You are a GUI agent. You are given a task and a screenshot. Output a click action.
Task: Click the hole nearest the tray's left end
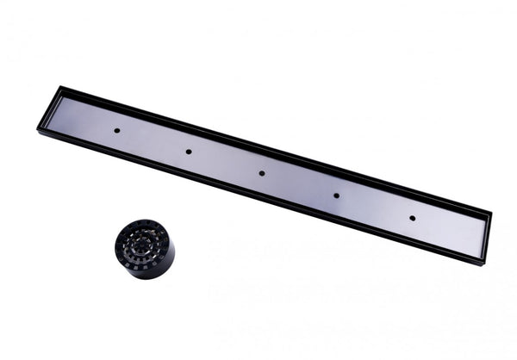click(116, 130)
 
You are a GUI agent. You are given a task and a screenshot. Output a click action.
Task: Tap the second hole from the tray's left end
click(188, 152)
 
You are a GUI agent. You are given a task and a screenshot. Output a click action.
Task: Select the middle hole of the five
click(262, 173)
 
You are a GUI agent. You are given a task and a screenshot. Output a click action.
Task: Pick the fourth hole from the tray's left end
click(336, 196)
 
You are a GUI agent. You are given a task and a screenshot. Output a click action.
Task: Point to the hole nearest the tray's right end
click(411, 218)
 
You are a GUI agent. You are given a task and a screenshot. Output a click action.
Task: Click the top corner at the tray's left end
click(60, 86)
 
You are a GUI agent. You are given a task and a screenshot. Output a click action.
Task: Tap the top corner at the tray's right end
click(491, 212)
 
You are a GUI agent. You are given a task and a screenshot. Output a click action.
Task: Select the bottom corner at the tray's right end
click(483, 264)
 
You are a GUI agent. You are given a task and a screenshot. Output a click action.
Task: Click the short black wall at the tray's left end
click(49, 108)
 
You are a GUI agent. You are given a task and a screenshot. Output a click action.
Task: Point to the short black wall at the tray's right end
click(488, 238)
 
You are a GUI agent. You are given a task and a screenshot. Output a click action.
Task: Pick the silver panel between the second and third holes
click(225, 163)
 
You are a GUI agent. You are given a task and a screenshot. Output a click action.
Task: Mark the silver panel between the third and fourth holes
click(299, 184)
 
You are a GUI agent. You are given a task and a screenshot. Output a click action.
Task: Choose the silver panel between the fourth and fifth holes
click(373, 207)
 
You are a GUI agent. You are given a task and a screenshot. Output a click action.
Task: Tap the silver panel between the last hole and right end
click(448, 230)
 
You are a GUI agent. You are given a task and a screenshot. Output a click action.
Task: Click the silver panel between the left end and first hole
click(82, 120)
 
